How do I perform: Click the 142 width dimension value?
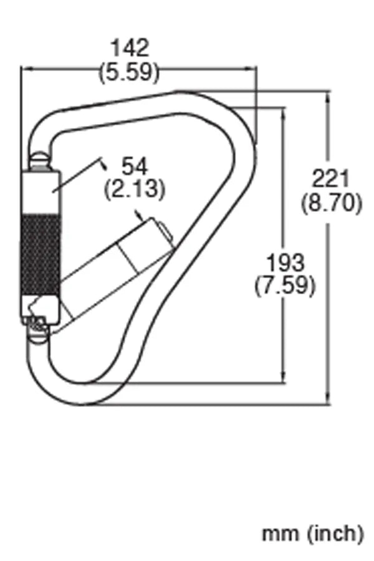click(x=130, y=47)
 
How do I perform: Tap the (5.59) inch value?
click(x=130, y=72)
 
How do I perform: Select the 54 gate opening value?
click(x=135, y=166)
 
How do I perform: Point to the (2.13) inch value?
click(x=135, y=189)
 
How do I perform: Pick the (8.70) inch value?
click(x=330, y=203)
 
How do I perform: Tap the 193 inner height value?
click(x=285, y=262)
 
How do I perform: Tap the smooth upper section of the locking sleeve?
click(x=41, y=191)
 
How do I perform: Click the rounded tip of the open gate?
click(x=164, y=231)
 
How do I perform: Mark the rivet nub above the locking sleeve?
click(x=40, y=160)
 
